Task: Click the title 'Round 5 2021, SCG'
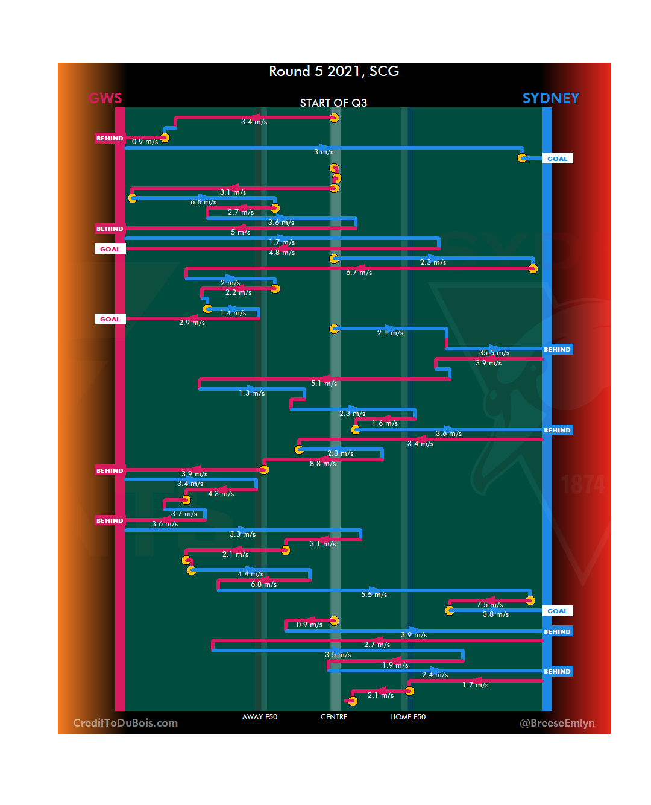click(334, 71)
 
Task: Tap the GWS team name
click(105, 98)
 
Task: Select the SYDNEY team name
click(550, 98)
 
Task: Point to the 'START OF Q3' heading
click(333, 103)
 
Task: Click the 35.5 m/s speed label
click(494, 353)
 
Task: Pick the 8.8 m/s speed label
click(322, 464)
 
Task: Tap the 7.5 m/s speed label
click(489, 605)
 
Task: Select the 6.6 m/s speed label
click(203, 202)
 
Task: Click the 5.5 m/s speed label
click(374, 595)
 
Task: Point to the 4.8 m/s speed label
click(281, 253)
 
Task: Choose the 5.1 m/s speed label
click(324, 384)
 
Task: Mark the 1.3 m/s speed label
click(251, 393)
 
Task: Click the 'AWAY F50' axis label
click(260, 717)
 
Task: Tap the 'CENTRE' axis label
click(334, 717)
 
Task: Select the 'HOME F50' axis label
click(407, 717)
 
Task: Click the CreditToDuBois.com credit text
click(125, 723)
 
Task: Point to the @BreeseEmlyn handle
click(557, 723)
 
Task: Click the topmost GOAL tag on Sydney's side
click(557, 159)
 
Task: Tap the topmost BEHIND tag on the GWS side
click(110, 139)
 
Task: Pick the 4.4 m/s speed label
click(250, 574)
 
